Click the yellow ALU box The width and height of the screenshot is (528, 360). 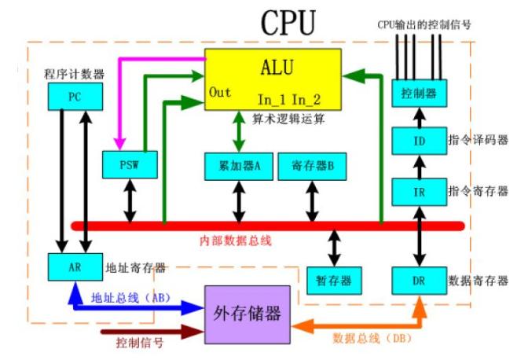[x=273, y=79]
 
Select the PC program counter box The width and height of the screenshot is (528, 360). [x=73, y=97]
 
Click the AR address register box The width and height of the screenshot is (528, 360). [x=74, y=266]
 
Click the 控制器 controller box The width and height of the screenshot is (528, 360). [x=414, y=94]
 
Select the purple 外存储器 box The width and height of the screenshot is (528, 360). [x=244, y=314]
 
